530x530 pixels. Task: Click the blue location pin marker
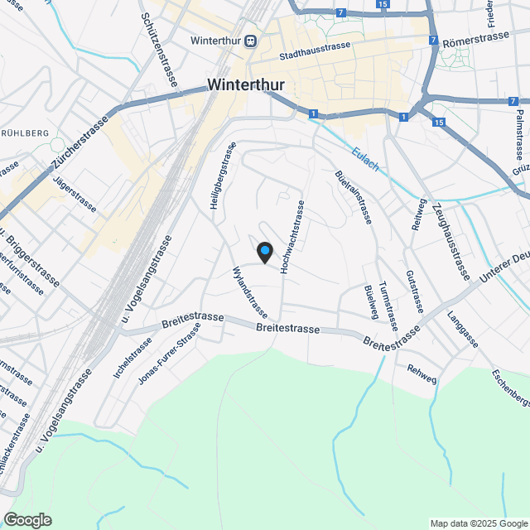(264, 251)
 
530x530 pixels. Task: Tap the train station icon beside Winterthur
(250, 41)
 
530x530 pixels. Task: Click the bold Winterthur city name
(248, 84)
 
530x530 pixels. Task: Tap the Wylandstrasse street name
(250, 292)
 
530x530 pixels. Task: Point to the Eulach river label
(365, 160)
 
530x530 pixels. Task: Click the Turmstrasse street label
(388, 306)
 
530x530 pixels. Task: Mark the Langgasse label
(462, 329)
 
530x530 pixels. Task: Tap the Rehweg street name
(422, 374)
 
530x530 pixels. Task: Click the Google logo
(26, 520)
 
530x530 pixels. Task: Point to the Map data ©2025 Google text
(479, 523)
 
